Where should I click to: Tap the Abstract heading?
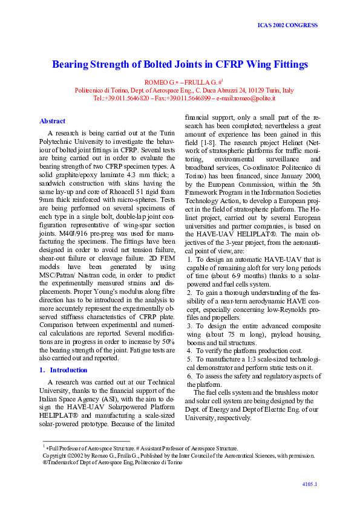point(52,121)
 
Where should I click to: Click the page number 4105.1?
point(310,484)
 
